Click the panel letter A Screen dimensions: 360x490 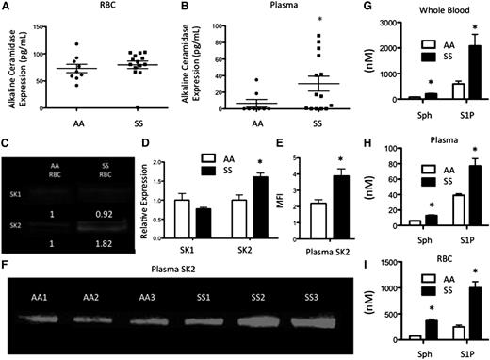[8, 8]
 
